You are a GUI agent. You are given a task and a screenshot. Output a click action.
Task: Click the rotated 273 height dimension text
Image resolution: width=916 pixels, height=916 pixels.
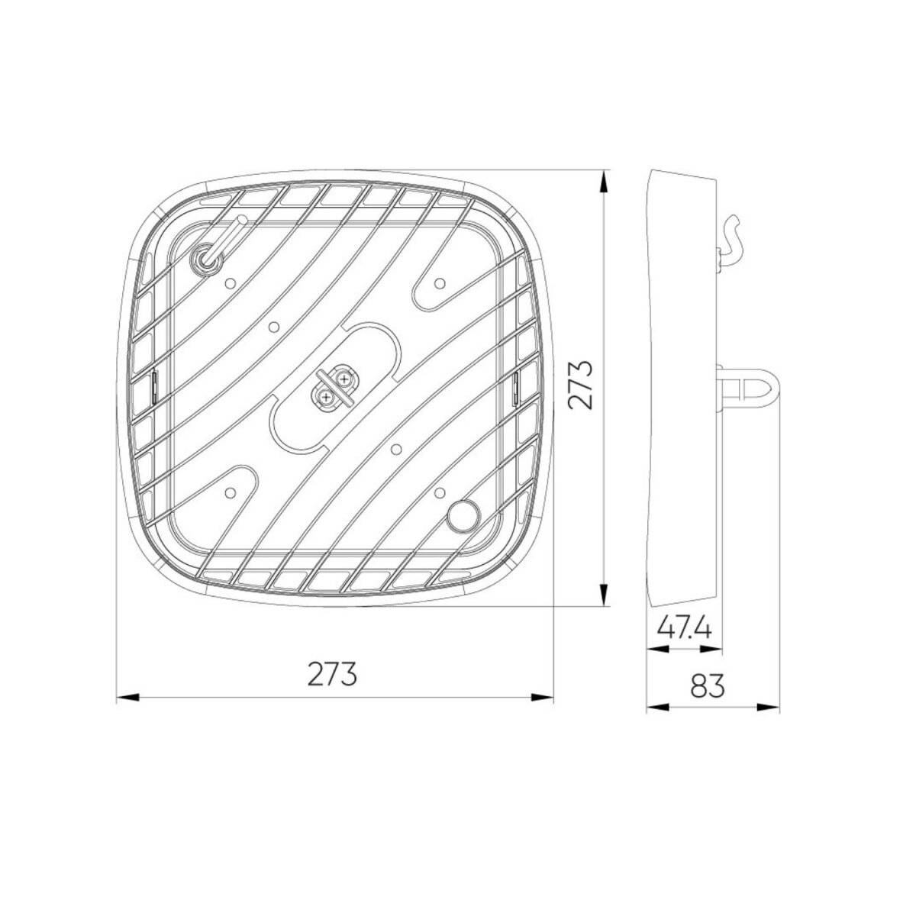[582, 385]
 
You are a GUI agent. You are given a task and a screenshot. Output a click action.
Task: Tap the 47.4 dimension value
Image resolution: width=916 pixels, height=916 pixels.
[684, 628]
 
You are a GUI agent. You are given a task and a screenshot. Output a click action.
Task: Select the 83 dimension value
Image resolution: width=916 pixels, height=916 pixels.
[707, 685]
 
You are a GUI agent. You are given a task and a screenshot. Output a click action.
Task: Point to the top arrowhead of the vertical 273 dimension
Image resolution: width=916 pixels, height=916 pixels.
[603, 180]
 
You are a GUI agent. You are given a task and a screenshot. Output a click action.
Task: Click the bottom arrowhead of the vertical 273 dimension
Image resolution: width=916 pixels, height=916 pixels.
[603, 595]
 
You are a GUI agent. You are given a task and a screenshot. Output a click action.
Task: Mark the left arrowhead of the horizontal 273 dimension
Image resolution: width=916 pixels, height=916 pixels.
[127, 697]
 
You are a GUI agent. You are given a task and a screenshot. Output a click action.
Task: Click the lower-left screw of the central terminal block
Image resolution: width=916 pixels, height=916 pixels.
[327, 395]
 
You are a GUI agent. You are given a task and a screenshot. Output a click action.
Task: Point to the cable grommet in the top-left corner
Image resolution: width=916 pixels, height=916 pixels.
[206, 260]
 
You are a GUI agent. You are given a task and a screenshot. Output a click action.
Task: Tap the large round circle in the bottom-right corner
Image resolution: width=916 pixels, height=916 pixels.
[463, 515]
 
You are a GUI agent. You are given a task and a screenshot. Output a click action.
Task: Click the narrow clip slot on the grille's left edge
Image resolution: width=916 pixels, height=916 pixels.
[153, 385]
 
